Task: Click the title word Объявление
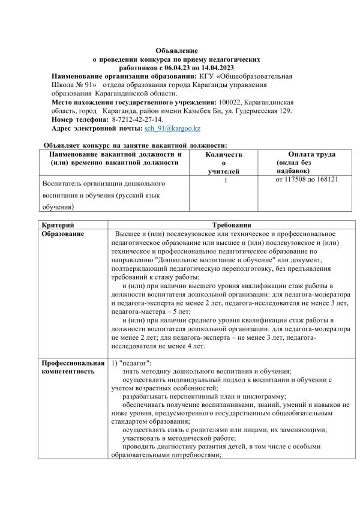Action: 176,51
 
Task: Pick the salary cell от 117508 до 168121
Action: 307,179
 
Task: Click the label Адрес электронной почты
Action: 97,129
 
